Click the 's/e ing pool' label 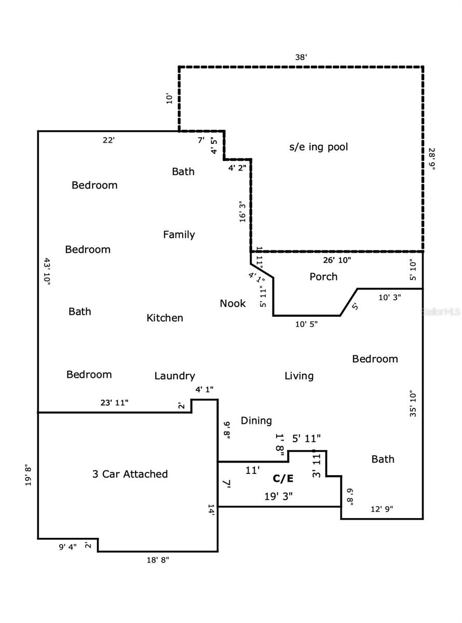318,147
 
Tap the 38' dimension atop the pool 302,57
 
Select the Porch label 323,277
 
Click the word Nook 233,303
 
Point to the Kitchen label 165,318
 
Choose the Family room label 179,235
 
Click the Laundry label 174,376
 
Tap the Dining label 256,421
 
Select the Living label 299,376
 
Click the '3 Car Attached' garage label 130,474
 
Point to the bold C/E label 283,478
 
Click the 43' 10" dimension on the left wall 46,270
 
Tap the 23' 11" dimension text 114,402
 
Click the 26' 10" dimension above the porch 337,260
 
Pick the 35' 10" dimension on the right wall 413,404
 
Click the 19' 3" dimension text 279,496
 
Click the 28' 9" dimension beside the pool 432,161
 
